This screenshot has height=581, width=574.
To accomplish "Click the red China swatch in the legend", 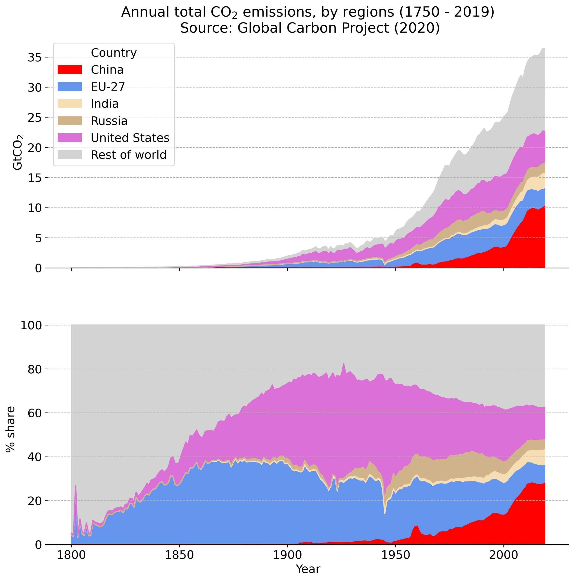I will point(69,69).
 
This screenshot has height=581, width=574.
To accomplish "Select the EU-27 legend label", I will point(108,87).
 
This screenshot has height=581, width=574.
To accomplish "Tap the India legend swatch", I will point(69,103).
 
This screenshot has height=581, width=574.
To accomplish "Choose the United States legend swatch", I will point(69,138).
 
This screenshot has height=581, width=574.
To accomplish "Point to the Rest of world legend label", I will point(129,155).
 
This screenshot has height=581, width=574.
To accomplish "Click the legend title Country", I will point(114,53).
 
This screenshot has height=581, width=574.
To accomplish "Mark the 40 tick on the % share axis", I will point(34,457).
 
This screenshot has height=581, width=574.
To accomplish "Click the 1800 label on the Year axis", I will point(71,555).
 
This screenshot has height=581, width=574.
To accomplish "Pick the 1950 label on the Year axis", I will point(396,555).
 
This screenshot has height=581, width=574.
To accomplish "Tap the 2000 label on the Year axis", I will point(504,555).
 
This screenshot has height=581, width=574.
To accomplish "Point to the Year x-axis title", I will point(308,569).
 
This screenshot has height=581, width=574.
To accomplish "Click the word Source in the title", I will point(197,28).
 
